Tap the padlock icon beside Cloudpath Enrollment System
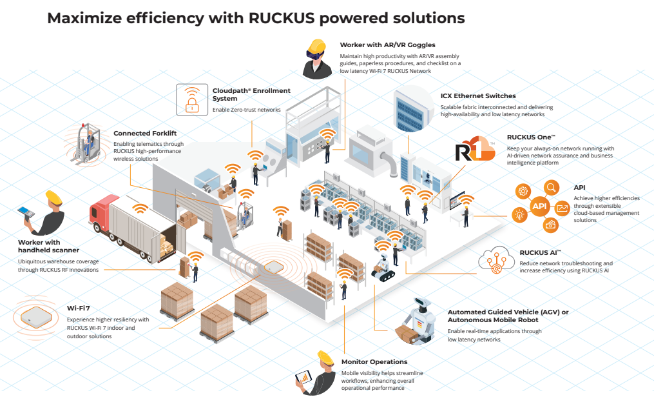[x=191, y=99]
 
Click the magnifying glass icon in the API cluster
[x=552, y=188]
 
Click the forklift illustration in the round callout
[x=88, y=142]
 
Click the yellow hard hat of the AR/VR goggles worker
[x=316, y=46]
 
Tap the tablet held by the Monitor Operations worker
[x=303, y=377]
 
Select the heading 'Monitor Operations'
[x=374, y=362]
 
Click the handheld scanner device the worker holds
[x=25, y=212]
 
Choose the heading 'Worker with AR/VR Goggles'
[x=387, y=45]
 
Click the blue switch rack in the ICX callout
[x=412, y=107]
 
